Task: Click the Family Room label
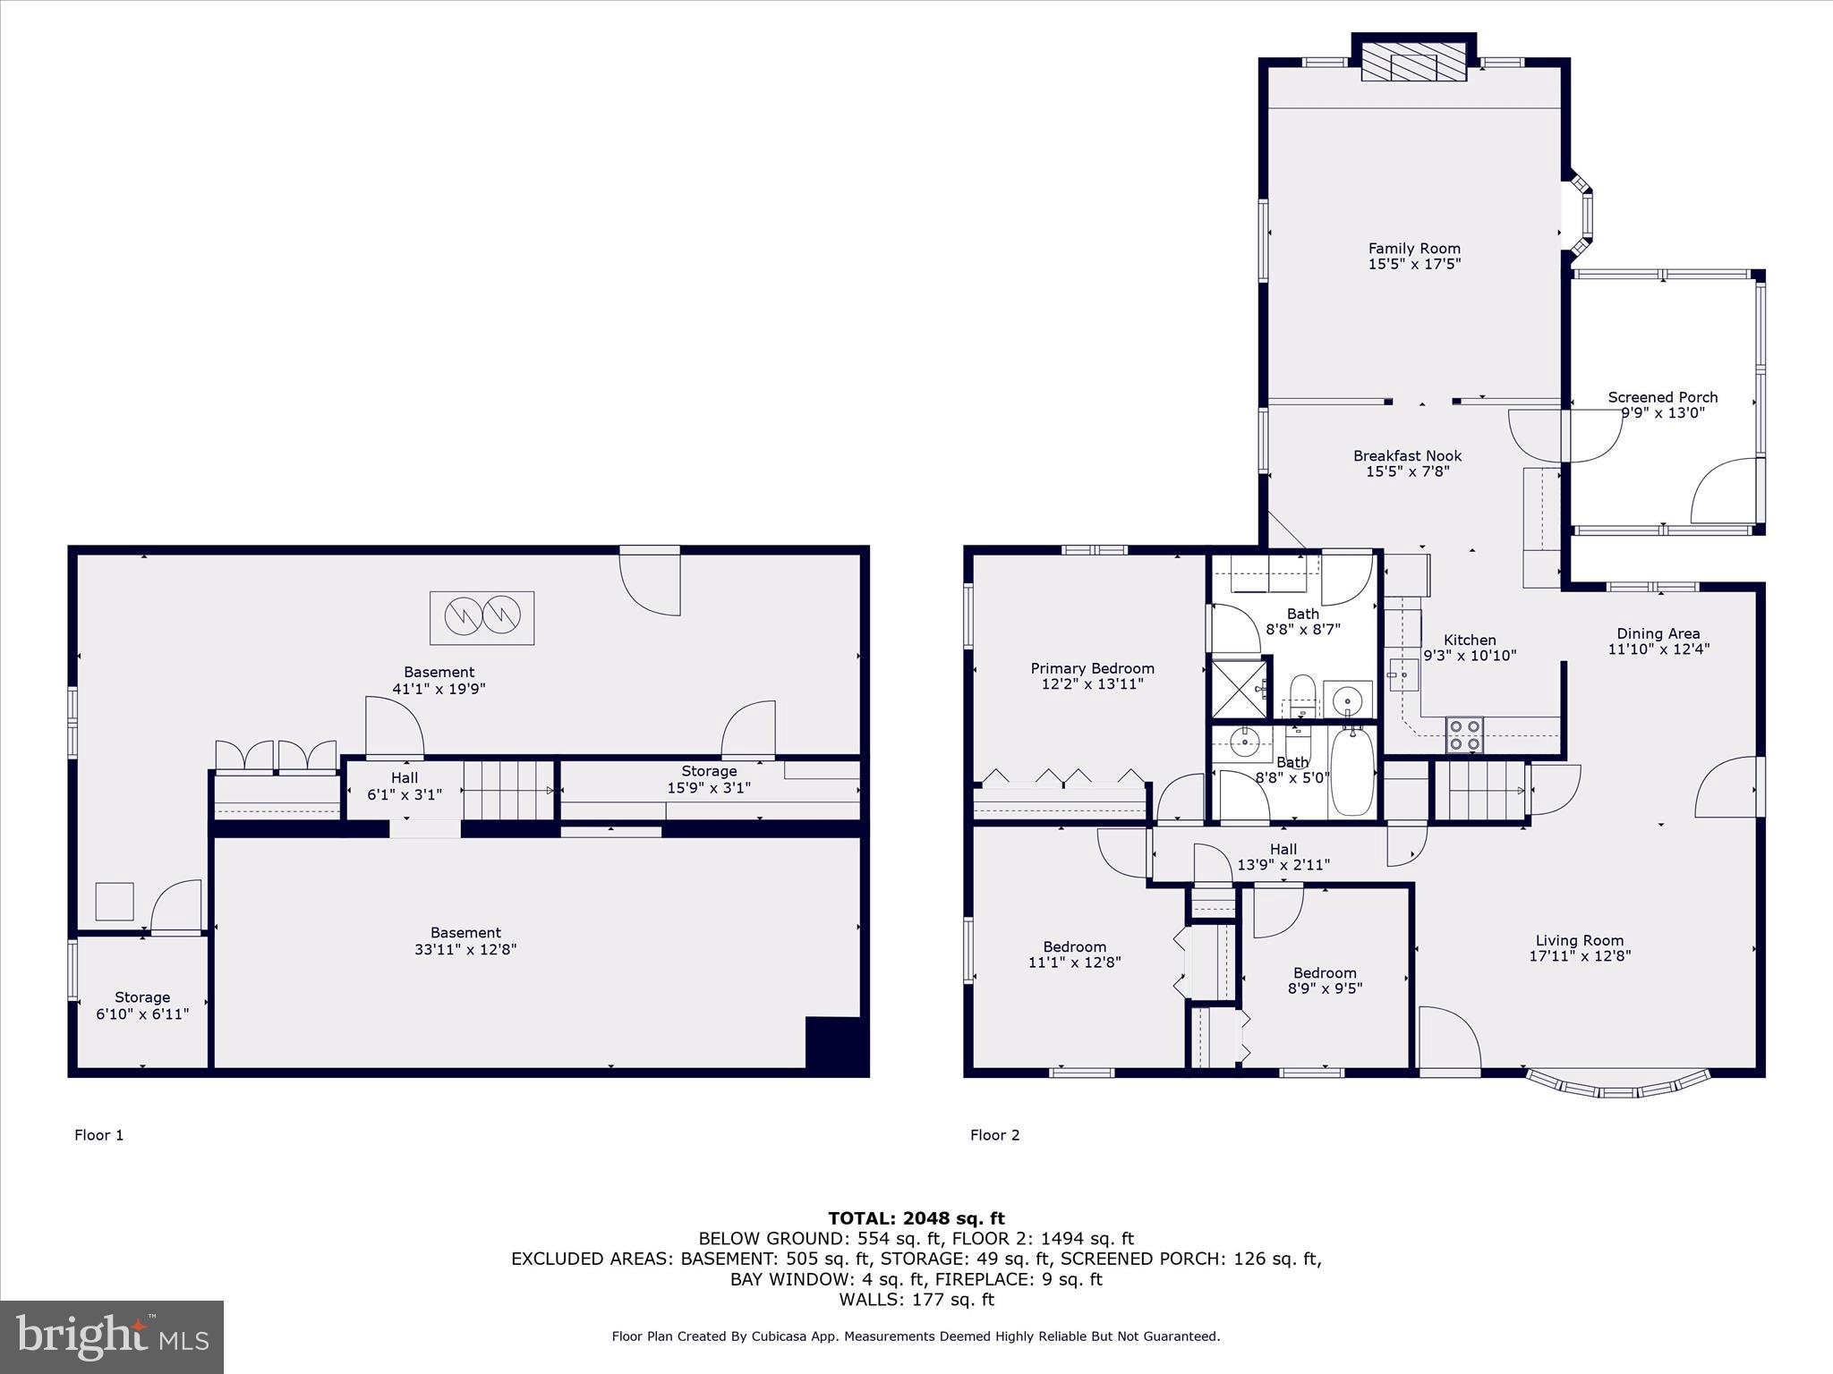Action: (1414, 249)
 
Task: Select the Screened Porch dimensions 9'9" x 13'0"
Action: (1663, 413)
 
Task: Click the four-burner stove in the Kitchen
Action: (1464, 735)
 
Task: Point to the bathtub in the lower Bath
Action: (1352, 771)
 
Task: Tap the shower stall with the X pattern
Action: (1239, 688)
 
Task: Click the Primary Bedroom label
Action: (1092, 668)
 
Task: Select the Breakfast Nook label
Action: (1407, 455)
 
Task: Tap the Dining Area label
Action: (1658, 633)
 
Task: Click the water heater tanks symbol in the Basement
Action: (482, 617)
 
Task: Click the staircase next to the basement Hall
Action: (508, 789)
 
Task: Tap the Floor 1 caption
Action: (98, 1135)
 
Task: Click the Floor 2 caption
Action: (994, 1135)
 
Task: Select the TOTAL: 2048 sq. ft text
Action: (916, 1218)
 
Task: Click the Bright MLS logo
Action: (112, 1336)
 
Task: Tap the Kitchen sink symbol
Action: (1402, 674)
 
